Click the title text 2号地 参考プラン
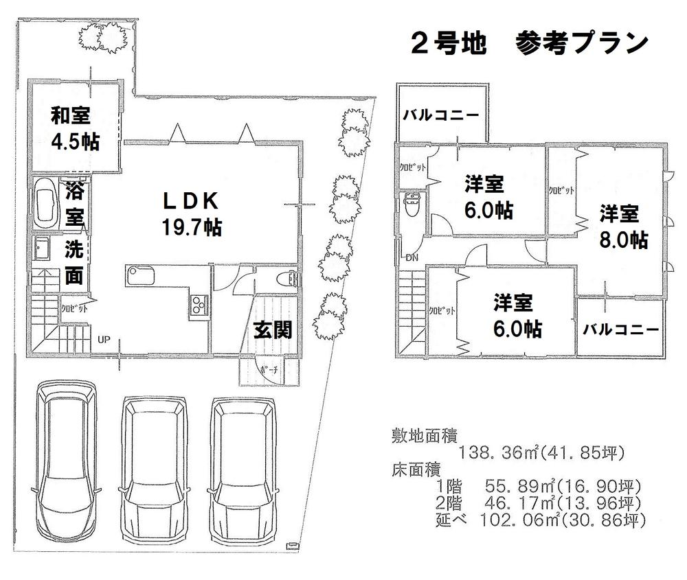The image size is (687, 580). [529, 43]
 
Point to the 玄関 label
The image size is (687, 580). [273, 329]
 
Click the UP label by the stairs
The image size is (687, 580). [104, 339]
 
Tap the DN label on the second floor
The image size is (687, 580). [412, 258]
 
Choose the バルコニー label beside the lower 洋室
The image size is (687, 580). [621, 329]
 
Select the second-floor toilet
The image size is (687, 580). [412, 206]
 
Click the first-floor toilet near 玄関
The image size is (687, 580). [290, 278]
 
